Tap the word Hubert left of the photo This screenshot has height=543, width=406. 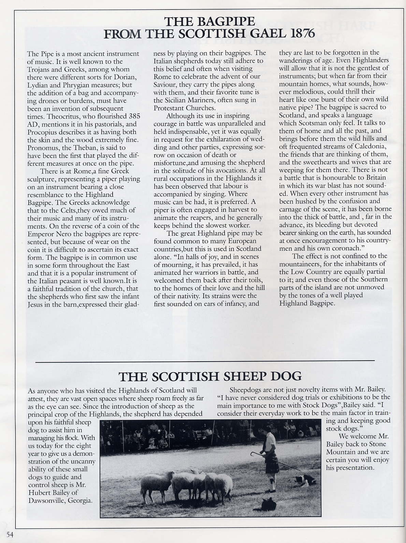[38, 493]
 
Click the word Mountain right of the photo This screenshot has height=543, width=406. [341, 452]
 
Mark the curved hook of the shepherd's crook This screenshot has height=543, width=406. [253, 454]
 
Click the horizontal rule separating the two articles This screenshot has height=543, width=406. [205, 361]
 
